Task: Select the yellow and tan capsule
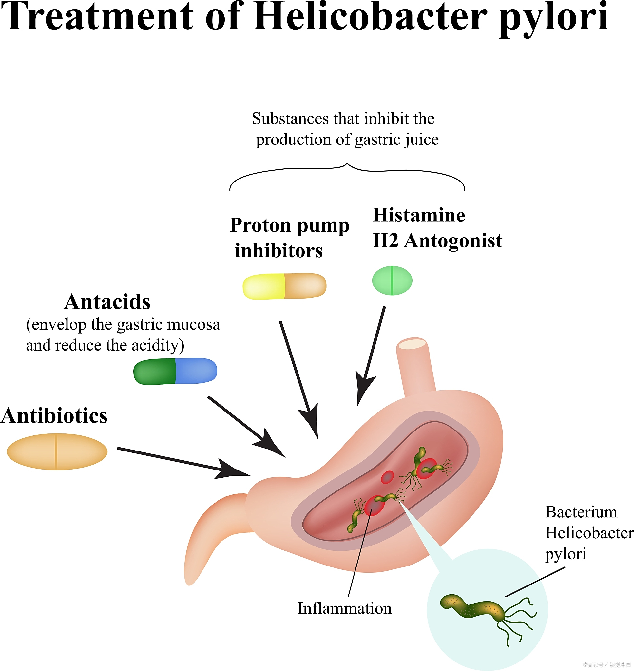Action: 284,286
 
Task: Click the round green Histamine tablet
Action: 392,280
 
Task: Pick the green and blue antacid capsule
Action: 175,371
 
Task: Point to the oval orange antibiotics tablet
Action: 57,451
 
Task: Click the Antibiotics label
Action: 54,415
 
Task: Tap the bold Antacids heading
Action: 107,301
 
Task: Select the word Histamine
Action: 419,215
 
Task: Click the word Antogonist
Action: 453,240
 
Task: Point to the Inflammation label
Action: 344,608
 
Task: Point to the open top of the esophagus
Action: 412,344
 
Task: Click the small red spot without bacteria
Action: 387,477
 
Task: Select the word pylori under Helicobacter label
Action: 566,554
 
